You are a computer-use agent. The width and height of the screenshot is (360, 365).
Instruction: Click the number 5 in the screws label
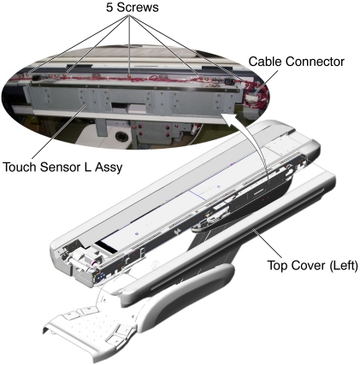pos(109,8)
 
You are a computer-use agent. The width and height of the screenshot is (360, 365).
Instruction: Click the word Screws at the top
pos(138,8)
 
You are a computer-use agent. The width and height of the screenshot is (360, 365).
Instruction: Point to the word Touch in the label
pos(20,167)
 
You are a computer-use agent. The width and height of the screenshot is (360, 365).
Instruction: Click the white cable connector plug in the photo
pos(251,97)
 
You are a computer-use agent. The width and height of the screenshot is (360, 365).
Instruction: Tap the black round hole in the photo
pos(121,136)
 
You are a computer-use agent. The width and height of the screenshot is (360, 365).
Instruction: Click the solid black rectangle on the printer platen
pos(106,247)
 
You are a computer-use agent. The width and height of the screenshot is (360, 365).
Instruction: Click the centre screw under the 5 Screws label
pos(130,76)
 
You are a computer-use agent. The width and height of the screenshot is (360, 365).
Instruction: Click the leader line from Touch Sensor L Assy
pos(59,132)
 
